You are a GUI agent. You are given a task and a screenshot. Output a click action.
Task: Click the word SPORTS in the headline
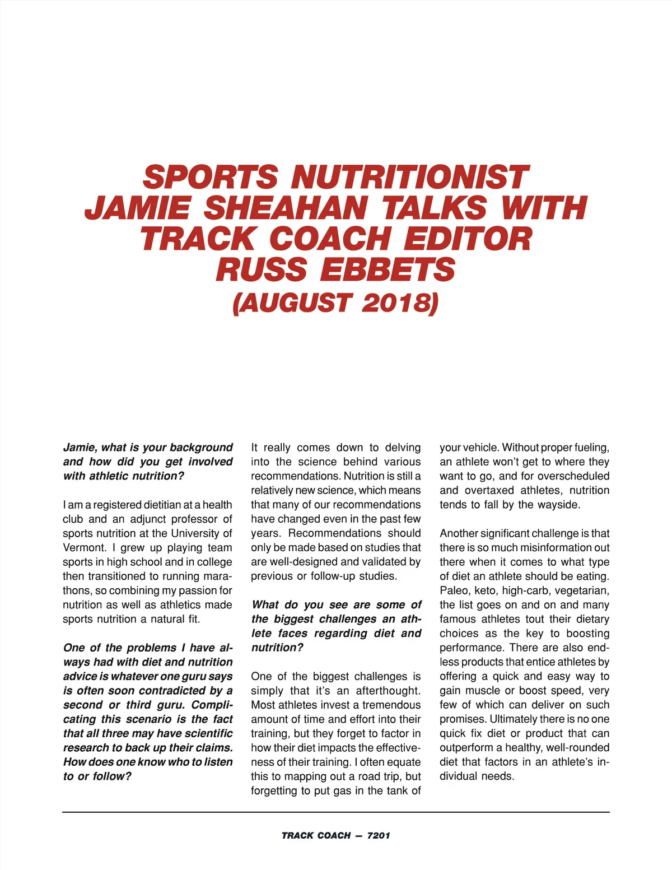tap(210, 177)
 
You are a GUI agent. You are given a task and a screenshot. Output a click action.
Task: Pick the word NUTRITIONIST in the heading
tap(409, 177)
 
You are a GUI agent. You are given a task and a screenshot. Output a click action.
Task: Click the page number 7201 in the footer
tap(379, 835)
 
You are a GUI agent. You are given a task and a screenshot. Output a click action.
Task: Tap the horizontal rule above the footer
tap(336, 812)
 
